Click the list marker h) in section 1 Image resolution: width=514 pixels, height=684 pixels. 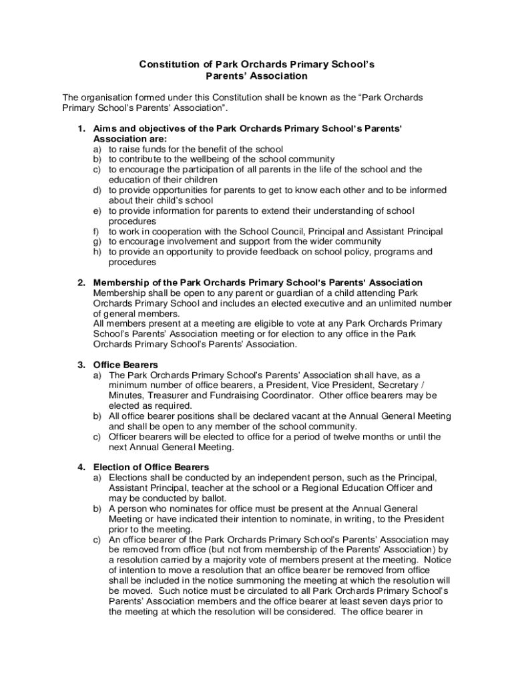pyautogui.click(x=97, y=252)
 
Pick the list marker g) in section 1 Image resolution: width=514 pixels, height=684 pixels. pyautogui.click(x=97, y=241)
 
